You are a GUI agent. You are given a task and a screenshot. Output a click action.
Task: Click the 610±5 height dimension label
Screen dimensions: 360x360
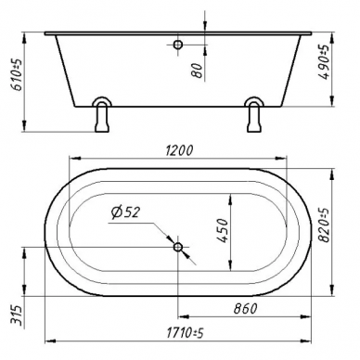pos(18,74)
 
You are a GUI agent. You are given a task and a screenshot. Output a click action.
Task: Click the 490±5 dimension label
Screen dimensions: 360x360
pos(324,62)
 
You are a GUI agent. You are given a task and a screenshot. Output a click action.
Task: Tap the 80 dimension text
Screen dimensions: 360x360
pos(197,71)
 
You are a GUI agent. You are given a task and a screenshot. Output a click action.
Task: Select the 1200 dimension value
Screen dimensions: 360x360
pos(179,150)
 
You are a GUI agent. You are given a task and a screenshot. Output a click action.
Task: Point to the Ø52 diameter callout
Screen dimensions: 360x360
pos(126,212)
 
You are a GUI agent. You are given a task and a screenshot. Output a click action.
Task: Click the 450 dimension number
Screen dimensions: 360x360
pos(222,231)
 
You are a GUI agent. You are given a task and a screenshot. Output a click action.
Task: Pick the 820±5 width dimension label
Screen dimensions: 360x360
pos(324,225)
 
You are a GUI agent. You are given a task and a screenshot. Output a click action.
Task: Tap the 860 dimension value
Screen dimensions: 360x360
pos(245,308)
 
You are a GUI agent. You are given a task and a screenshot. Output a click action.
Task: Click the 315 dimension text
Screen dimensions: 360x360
pos(17,315)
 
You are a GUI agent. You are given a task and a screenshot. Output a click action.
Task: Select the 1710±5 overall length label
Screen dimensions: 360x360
pos(185,333)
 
